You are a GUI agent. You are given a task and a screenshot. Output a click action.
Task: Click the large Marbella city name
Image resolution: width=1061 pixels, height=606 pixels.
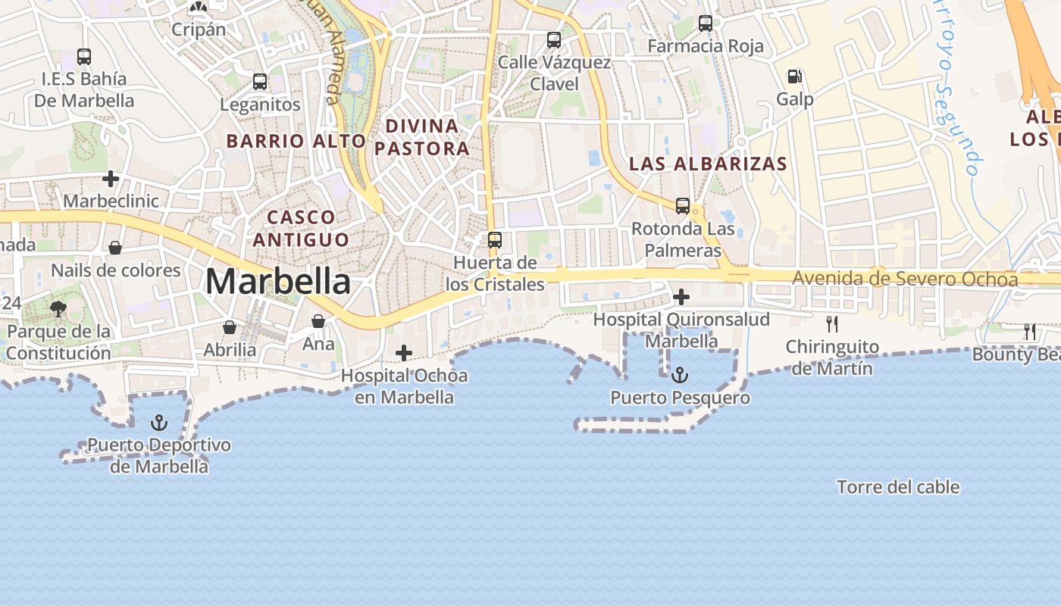pos(278,283)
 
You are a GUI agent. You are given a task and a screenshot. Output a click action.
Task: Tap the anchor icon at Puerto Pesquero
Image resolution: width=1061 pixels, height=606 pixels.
pos(681,375)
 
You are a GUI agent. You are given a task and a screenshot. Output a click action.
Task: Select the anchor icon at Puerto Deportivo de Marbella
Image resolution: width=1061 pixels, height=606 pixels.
pos(159,423)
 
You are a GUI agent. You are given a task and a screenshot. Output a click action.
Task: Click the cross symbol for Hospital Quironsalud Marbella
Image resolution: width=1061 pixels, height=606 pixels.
pos(681,297)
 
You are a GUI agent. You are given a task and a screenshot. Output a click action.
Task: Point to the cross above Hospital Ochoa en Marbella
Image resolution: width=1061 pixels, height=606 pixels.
pos(404,353)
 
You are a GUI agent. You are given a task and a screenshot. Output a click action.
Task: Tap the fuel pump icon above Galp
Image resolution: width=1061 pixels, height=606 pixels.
pos(794,77)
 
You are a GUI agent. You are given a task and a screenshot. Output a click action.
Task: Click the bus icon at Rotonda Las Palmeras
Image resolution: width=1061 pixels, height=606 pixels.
pos(683,206)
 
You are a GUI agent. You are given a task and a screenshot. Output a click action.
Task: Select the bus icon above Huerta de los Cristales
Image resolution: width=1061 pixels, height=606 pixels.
pos(495,240)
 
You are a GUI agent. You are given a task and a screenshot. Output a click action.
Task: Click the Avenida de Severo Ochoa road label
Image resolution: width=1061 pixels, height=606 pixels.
pos(905,279)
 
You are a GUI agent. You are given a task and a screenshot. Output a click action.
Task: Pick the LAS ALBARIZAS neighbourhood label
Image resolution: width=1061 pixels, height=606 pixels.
pos(708,164)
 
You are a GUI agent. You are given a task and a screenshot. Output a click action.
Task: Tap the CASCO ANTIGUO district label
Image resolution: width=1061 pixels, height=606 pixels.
pos(301,229)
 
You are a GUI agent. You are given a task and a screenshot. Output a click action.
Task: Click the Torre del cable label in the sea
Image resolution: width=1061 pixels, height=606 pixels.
pos(898,487)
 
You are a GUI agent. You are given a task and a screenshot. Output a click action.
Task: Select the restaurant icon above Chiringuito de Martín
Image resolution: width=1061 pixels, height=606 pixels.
pos(832,324)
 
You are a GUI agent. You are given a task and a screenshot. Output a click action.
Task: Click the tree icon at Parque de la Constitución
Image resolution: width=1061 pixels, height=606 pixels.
pos(58,308)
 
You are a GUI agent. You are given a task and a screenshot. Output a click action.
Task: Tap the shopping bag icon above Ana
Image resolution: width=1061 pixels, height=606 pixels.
pos(318,321)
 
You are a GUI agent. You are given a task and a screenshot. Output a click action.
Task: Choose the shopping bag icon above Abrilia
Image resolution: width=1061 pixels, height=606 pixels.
pos(230,327)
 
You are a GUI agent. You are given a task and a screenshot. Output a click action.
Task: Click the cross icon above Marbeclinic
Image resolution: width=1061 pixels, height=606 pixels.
pos(111,179)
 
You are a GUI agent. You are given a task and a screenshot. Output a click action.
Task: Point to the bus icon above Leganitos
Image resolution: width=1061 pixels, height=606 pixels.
pos(260,82)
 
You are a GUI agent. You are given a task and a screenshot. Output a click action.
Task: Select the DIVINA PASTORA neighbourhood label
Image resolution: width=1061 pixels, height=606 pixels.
pos(422,137)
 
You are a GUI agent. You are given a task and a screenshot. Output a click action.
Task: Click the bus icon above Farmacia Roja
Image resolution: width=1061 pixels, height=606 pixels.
pos(706,23)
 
